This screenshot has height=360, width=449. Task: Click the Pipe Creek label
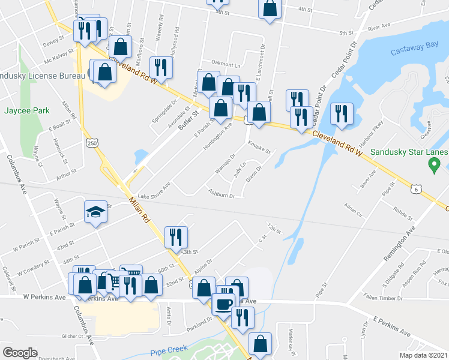169,349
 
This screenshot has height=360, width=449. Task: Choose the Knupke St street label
260,146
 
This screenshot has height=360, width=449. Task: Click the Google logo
20,353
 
